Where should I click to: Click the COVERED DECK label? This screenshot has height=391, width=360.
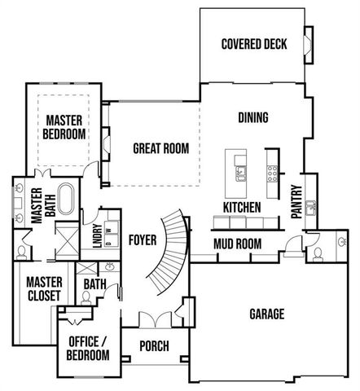click(x=254, y=44)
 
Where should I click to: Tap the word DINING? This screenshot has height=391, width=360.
click(x=253, y=117)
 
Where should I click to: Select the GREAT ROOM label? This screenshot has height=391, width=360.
click(x=160, y=148)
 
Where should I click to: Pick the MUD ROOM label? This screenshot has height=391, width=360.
click(x=237, y=244)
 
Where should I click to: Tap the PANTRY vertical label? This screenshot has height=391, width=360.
click(x=297, y=200)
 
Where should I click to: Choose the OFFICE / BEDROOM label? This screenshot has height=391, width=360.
click(x=89, y=348)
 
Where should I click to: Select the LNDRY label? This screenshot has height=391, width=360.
click(x=97, y=235)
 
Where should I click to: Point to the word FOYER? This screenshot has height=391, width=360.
click(x=142, y=239)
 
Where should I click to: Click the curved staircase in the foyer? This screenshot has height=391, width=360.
click(x=173, y=244)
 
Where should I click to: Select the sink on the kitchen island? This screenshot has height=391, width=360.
click(x=240, y=172)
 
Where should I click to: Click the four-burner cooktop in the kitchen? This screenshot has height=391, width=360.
click(x=271, y=172)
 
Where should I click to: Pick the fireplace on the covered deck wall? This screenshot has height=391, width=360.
click(x=309, y=42)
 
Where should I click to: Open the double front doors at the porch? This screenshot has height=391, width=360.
click(x=156, y=319)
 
